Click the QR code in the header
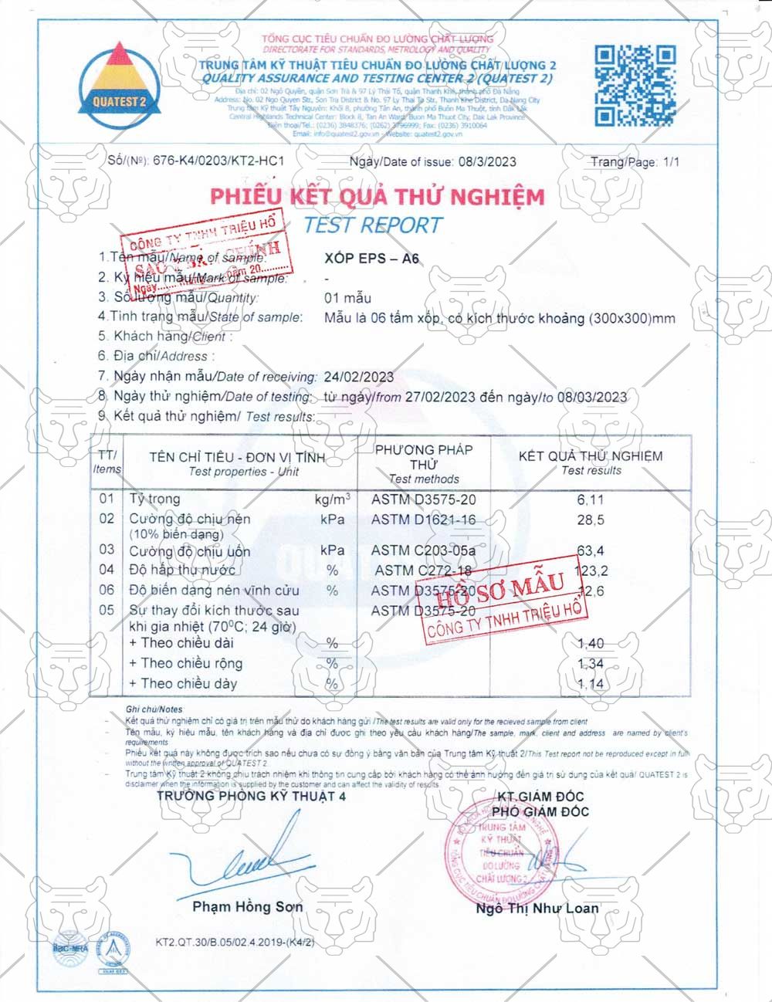click(x=635, y=85)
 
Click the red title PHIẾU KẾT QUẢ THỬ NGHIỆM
click(x=377, y=196)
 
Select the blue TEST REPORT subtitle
click(x=373, y=225)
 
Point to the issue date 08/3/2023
click(x=487, y=161)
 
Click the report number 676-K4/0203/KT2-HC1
click(x=219, y=161)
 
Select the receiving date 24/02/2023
click(x=358, y=377)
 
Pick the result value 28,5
click(x=591, y=520)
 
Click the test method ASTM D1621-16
click(x=423, y=520)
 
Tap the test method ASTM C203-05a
click(x=423, y=550)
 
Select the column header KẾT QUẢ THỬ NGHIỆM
click(x=591, y=455)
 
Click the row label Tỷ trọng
click(x=154, y=499)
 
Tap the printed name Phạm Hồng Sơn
click(x=247, y=906)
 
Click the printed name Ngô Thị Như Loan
click(x=537, y=908)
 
